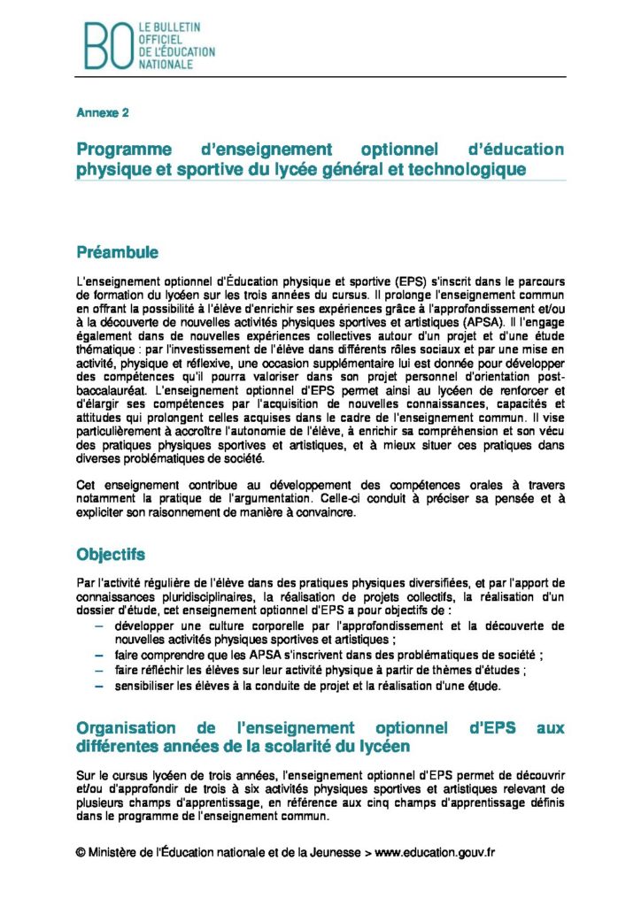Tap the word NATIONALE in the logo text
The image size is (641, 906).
(164, 65)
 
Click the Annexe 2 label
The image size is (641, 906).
(102, 113)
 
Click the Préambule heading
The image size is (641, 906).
(118, 252)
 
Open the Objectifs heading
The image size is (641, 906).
(111, 555)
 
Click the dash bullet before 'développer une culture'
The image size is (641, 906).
(97, 626)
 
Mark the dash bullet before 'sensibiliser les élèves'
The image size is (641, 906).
(97, 684)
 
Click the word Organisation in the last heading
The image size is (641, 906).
(127, 728)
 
